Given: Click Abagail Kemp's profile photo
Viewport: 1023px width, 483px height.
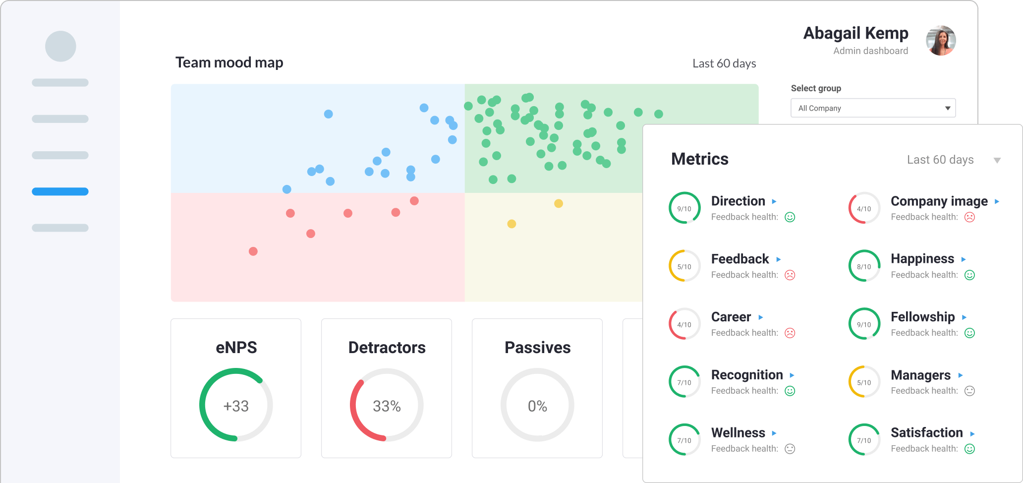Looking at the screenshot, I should pyautogui.click(x=941, y=41).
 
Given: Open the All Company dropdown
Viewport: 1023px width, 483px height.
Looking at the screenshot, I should pyautogui.click(x=873, y=108).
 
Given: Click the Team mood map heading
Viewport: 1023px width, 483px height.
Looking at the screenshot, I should pyautogui.click(x=229, y=62).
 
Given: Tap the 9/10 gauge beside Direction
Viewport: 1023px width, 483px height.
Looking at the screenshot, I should pyautogui.click(x=684, y=208).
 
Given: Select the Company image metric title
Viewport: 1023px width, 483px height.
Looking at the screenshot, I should pyautogui.click(x=939, y=201).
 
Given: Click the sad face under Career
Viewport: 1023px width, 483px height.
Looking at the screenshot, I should pyautogui.click(x=790, y=333).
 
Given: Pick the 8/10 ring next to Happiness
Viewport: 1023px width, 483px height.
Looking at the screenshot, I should pyautogui.click(x=864, y=266).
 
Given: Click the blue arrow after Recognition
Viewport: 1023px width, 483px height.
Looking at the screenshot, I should pyautogui.click(x=792, y=375).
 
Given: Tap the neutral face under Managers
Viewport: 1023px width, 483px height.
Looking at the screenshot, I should pyautogui.click(x=970, y=391).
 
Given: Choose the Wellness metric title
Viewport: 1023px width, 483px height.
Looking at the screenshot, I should pyautogui.click(x=738, y=433).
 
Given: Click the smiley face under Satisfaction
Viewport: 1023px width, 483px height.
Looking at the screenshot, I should pyautogui.click(x=970, y=449).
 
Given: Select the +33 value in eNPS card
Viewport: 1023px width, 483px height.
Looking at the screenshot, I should pyautogui.click(x=236, y=406).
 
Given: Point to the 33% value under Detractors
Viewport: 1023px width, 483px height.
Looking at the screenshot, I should pyautogui.click(x=387, y=406).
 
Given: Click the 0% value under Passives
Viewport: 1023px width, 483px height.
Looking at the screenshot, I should pyautogui.click(x=537, y=406).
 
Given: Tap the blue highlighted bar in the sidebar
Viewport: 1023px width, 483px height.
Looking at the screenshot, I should pyautogui.click(x=60, y=191).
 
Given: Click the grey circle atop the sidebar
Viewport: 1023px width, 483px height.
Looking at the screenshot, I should pyautogui.click(x=60, y=47).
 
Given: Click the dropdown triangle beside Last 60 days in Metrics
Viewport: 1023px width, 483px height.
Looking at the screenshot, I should pyautogui.click(x=997, y=160).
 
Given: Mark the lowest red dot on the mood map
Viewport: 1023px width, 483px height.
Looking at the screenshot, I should pyautogui.click(x=253, y=251).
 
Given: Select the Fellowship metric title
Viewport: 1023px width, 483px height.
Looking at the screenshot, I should pyautogui.click(x=922, y=317).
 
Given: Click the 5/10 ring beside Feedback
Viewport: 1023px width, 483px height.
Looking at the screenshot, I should pyautogui.click(x=684, y=266).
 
